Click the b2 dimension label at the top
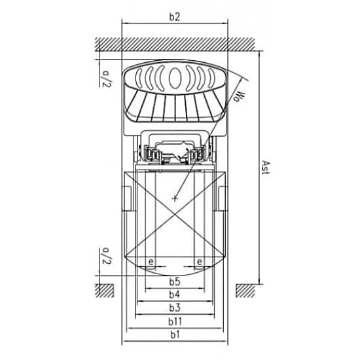[x=175, y=17]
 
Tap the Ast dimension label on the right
[x=266, y=168]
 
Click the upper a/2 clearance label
[x=106, y=79]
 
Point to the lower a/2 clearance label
[x=106, y=255]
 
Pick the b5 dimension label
[x=175, y=281]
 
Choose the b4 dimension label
[x=175, y=295]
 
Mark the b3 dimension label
[x=175, y=308]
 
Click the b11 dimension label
[x=175, y=321]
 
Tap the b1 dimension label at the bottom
[x=175, y=334]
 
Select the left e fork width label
[x=151, y=262]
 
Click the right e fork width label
[x=200, y=262]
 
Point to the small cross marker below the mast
[x=175, y=198]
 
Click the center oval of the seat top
[x=175, y=78]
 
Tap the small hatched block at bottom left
[x=105, y=291]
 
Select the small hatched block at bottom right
[x=245, y=291]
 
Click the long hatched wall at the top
[x=175, y=44]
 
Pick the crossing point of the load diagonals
[x=175, y=214]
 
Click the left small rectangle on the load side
[x=129, y=198]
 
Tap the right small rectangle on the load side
[x=223, y=198]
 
